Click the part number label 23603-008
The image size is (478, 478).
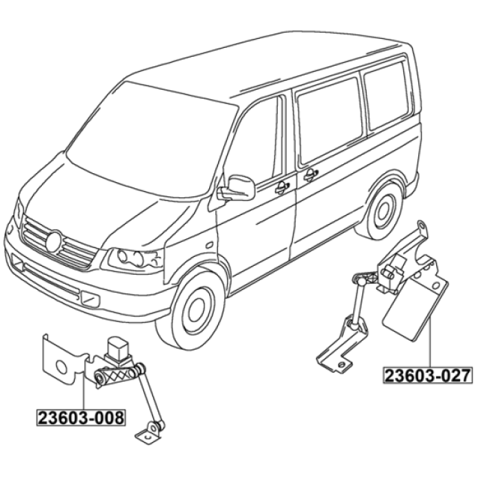(x=81, y=418)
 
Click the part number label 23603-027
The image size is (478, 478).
(x=428, y=375)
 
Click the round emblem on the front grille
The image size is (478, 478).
(x=54, y=241)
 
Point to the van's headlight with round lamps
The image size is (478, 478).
(x=133, y=260)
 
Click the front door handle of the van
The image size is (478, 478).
(x=282, y=188)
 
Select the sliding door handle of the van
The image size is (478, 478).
(x=311, y=174)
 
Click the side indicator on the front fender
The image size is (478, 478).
(x=210, y=245)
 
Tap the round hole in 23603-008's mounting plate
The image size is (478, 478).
(x=61, y=367)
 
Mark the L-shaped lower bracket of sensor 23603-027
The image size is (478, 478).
(x=338, y=351)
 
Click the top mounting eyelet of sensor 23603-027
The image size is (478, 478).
(x=422, y=226)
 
